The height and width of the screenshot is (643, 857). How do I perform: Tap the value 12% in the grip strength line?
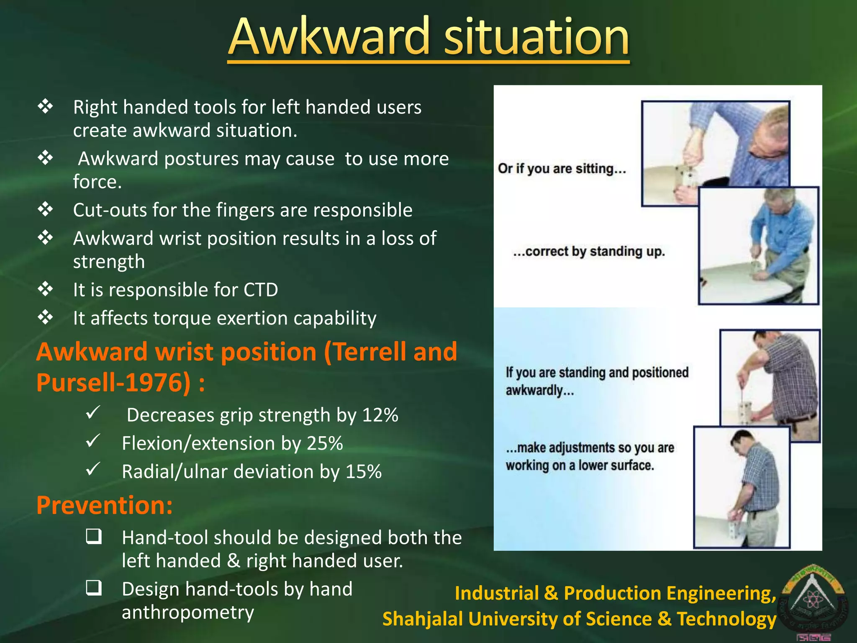tap(380, 415)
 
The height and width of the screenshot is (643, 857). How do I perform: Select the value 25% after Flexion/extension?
tap(325, 443)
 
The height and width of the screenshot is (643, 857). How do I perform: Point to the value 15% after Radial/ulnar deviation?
tap(363, 472)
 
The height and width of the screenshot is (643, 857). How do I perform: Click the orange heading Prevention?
tap(105, 505)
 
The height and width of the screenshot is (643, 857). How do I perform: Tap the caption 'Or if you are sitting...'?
tap(562, 169)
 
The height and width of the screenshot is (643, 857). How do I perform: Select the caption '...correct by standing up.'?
tap(589, 252)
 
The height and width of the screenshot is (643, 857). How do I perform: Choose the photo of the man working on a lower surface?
tap(742, 488)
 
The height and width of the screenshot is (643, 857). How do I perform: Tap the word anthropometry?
tap(188, 612)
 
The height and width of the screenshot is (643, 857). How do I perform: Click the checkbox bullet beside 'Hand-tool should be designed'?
tap(94, 537)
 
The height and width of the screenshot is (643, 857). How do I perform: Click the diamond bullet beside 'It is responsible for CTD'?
tap(45, 289)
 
